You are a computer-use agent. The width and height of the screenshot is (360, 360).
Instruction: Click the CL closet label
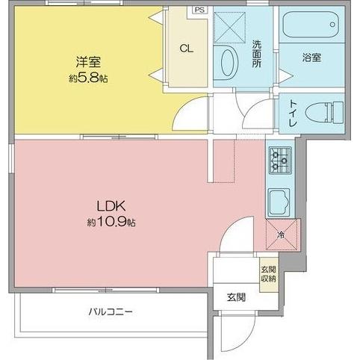click(187, 49)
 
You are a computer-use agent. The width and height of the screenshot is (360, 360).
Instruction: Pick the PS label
click(199, 10)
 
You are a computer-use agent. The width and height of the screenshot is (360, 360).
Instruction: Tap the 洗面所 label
click(256, 54)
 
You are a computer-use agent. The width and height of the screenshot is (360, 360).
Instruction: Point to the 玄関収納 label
click(267, 274)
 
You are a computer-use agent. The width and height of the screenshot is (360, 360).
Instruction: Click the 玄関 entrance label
click(237, 297)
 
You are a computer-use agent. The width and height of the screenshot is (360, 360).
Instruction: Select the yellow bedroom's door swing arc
click(193, 114)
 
